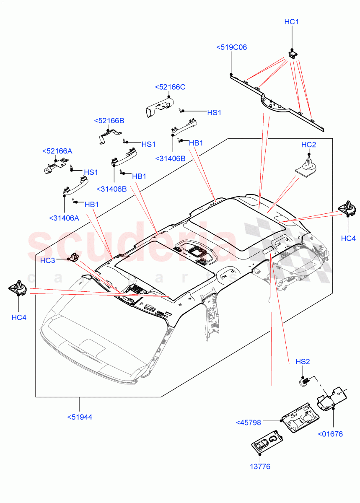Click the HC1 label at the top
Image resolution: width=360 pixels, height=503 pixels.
click(292, 22)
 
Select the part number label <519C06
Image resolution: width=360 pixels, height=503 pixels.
click(231, 47)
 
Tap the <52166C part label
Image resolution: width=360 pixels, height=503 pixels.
click(170, 87)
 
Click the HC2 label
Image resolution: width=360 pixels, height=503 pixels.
click(308, 145)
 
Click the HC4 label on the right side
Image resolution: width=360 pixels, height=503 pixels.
click(348, 239)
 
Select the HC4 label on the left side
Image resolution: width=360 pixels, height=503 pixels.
click(19, 318)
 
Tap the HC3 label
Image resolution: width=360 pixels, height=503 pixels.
click(48, 261)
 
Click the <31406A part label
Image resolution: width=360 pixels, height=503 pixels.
click(64, 218)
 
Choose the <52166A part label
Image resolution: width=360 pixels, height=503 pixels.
click(57, 151)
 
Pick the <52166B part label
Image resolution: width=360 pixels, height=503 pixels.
click(109, 121)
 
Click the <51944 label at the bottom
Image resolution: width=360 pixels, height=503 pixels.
click(80, 417)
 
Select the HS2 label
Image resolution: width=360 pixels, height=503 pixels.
click(303, 361)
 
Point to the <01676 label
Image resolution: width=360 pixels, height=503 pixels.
click(330, 434)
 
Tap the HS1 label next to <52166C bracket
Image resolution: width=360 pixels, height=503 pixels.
click(214, 113)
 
